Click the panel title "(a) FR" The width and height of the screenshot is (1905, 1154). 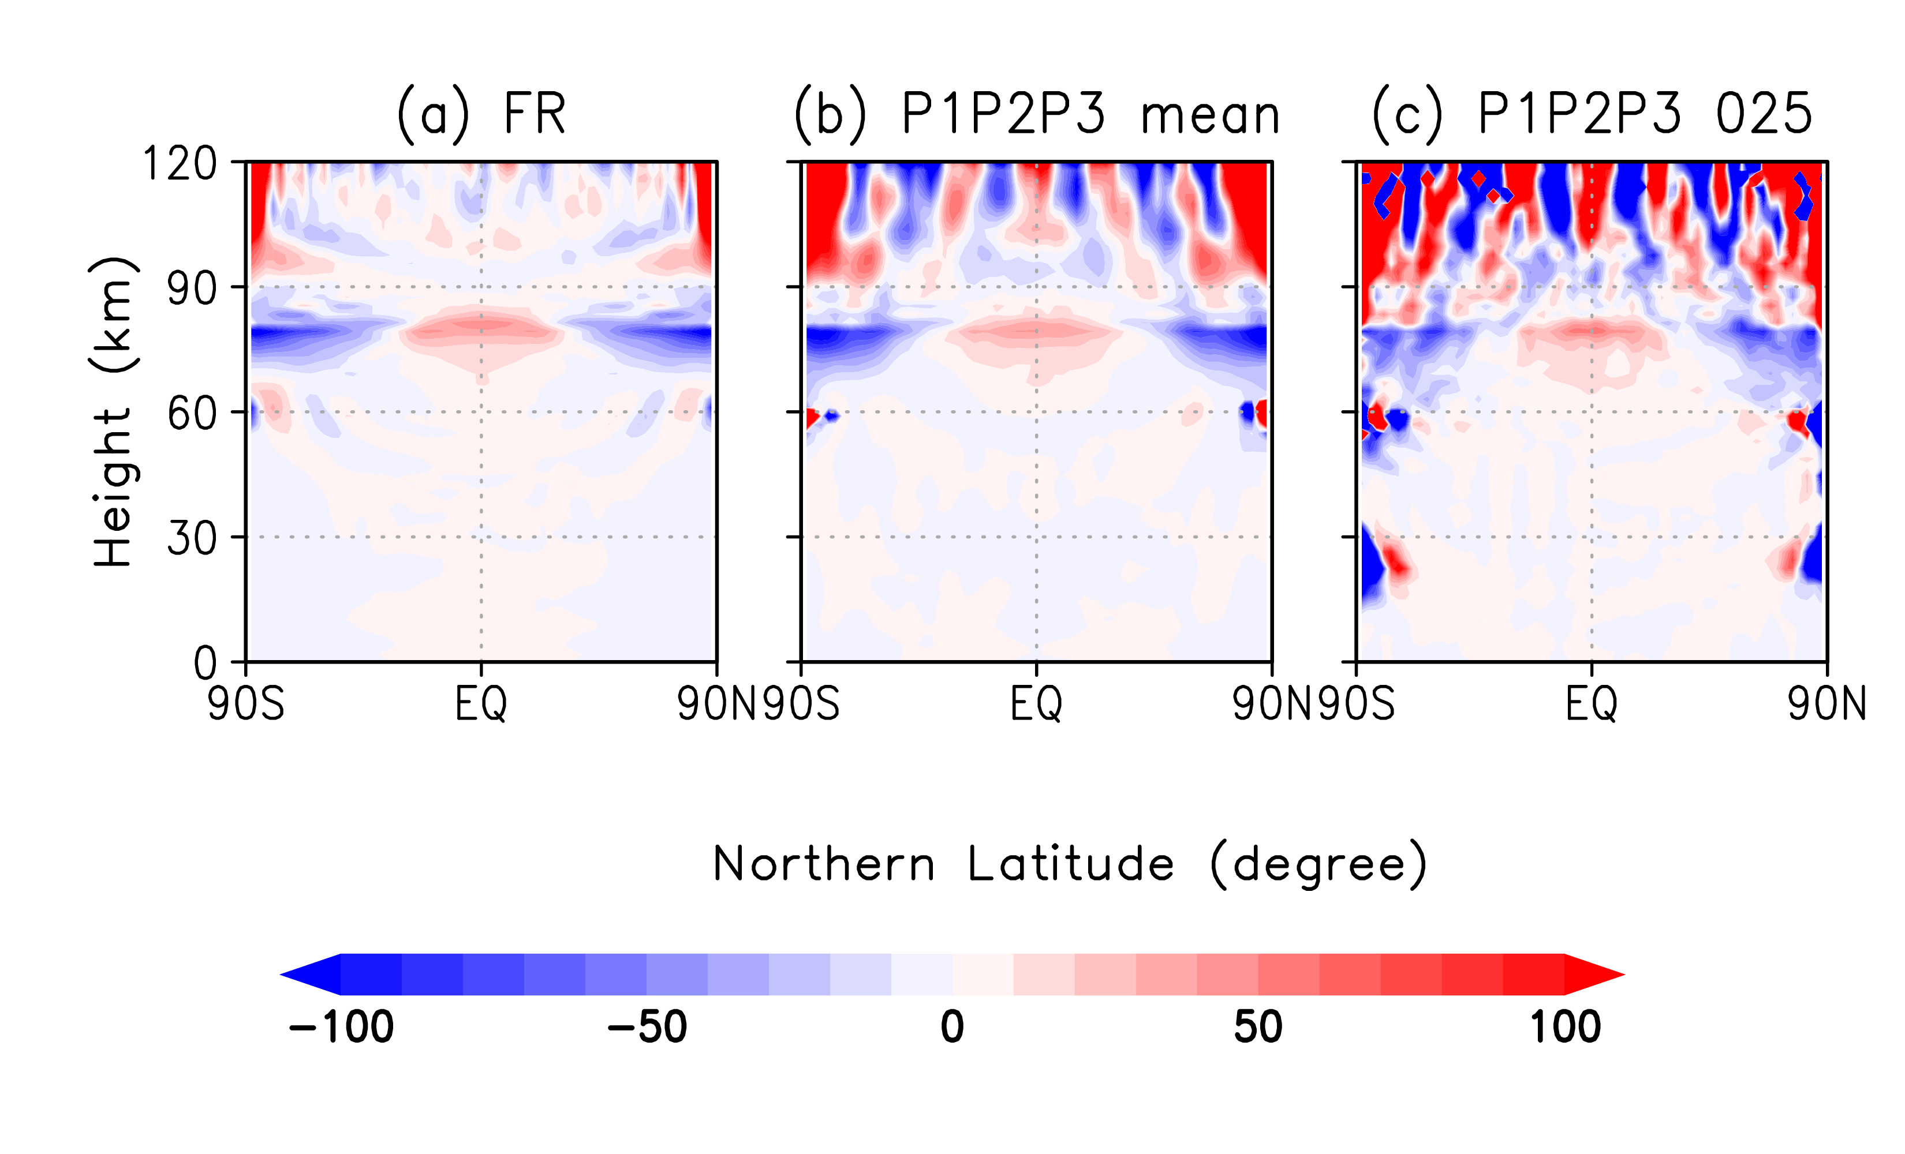point(481,114)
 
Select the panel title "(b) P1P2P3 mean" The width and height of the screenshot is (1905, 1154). point(1037,114)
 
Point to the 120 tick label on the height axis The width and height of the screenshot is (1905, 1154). point(180,164)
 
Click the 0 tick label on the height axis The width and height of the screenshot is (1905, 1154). point(205,663)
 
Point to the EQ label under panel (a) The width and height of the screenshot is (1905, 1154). point(481,704)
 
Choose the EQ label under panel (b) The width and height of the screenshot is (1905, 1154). point(1036,704)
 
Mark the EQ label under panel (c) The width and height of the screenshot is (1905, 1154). point(1591,704)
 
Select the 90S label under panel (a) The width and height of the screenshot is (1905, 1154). point(246,704)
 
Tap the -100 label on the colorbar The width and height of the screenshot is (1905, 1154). point(341,1027)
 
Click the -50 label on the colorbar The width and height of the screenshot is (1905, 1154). point(647,1027)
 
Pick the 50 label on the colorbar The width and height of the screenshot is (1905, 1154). point(1258,1027)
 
